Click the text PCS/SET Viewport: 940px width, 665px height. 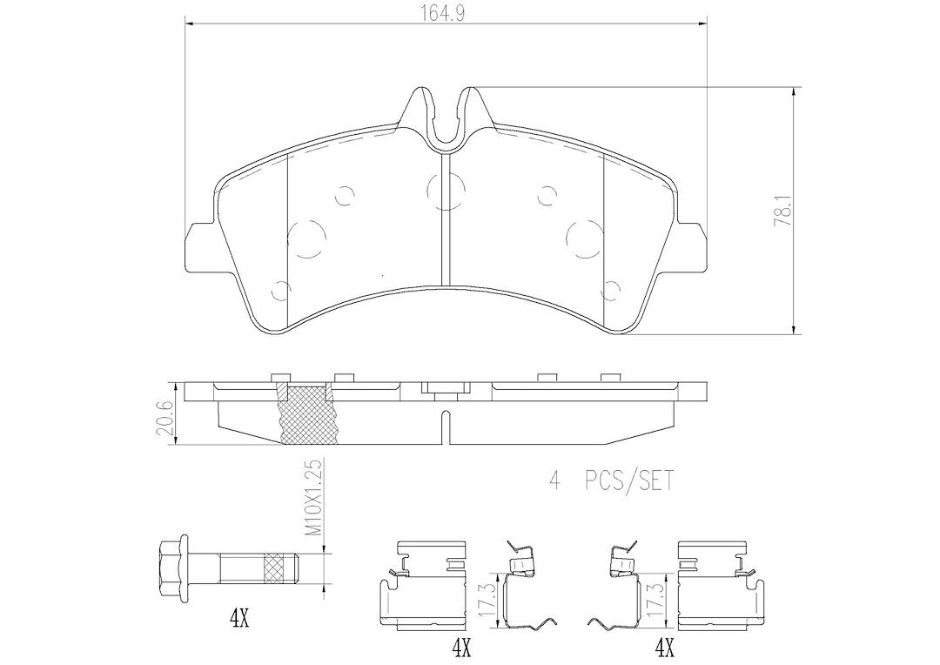pos(629,481)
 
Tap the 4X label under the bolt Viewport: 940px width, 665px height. pos(238,620)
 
